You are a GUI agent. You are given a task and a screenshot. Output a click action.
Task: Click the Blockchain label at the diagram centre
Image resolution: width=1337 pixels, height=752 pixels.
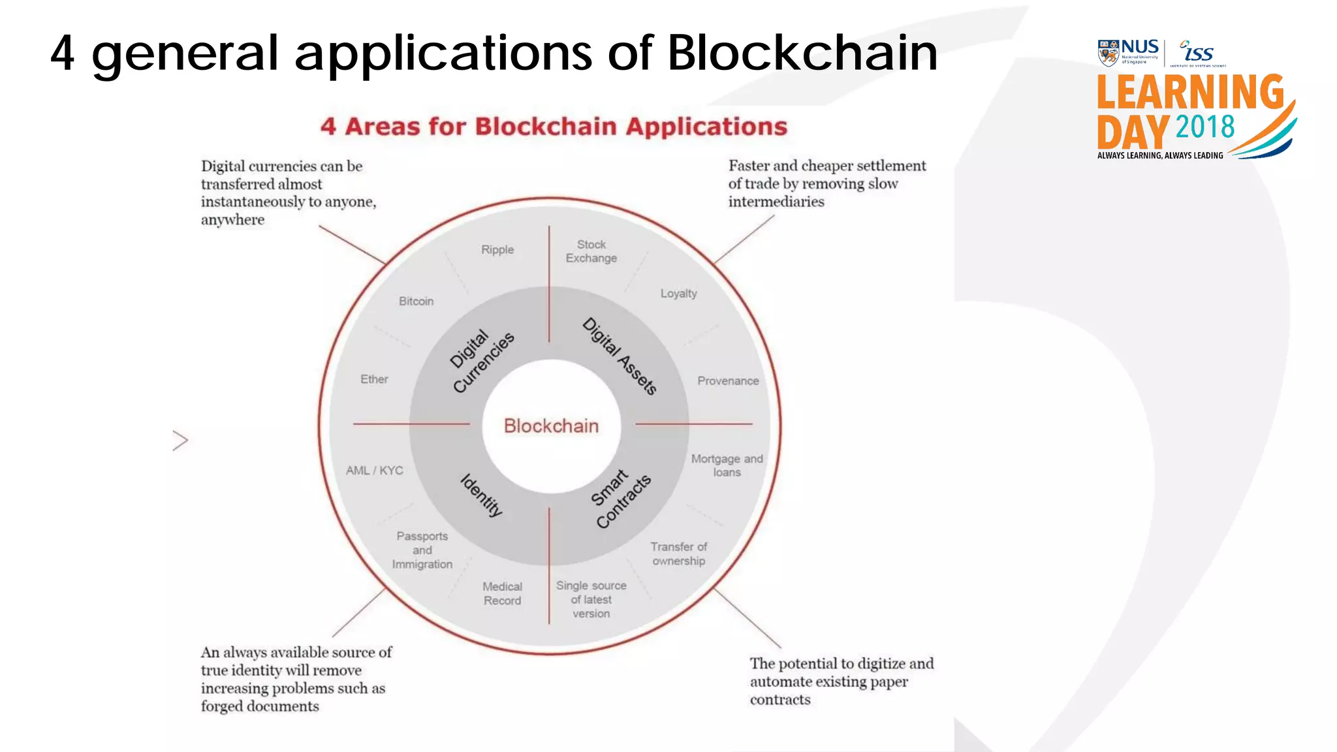click(x=551, y=426)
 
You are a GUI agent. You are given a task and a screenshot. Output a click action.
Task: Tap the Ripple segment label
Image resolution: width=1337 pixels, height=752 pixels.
click(x=497, y=249)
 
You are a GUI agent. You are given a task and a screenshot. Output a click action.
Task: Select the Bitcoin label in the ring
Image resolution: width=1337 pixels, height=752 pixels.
click(x=416, y=301)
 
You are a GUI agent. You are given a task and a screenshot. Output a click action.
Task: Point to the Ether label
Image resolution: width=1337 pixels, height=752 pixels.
click(x=374, y=379)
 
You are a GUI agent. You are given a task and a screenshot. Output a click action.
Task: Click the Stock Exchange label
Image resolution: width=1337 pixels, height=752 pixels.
click(x=591, y=251)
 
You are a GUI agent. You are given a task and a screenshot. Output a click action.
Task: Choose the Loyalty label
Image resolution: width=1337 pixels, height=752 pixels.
click(x=678, y=294)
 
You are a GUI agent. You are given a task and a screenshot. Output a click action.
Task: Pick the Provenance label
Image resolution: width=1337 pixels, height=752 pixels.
click(x=728, y=381)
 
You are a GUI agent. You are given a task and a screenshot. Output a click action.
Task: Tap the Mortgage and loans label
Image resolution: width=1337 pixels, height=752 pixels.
click(x=727, y=465)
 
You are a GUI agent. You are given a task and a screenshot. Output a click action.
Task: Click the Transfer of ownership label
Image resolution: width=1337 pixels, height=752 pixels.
click(x=678, y=554)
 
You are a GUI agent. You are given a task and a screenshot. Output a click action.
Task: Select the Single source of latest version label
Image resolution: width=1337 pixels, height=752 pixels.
click(x=591, y=599)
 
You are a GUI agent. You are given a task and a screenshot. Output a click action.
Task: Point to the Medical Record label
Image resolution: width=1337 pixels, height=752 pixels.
click(x=502, y=593)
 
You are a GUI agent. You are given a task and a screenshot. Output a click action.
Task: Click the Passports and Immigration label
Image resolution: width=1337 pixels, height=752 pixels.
click(x=422, y=550)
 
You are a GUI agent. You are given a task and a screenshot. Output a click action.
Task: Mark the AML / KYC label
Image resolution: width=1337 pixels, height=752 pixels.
click(x=374, y=470)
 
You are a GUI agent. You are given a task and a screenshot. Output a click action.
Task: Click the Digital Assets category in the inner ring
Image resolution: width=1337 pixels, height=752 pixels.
click(x=620, y=356)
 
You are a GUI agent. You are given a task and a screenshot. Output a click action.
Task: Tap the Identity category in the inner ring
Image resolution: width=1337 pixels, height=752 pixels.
click(x=482, y=495)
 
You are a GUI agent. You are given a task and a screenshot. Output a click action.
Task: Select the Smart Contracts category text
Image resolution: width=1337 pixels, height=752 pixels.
click(x=620, y=499)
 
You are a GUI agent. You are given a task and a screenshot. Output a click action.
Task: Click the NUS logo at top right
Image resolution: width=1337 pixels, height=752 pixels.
click(x=1128, y=52)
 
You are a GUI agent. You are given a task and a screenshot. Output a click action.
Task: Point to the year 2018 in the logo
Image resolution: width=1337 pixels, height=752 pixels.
click(x=1204, y=127)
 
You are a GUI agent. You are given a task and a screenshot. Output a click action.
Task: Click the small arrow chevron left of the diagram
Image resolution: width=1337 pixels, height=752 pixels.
click(x=180, y=441)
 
